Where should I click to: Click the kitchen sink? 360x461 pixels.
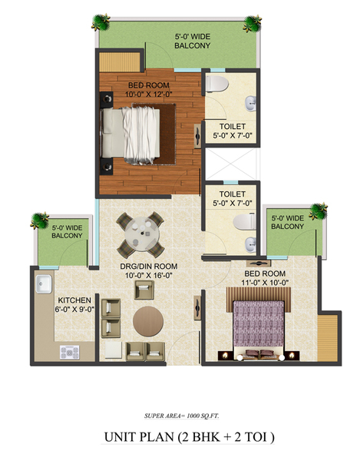point(44,284)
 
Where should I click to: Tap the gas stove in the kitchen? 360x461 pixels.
point(70,352)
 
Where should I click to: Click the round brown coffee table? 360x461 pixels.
point(148,321)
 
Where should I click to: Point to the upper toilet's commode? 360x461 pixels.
point(217,84)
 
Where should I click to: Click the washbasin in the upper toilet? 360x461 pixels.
point(250,104)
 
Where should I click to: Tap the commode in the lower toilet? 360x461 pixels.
point(245,222)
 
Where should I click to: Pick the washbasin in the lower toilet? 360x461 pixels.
point(250,245)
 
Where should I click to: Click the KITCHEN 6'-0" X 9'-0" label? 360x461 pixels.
point(74,304)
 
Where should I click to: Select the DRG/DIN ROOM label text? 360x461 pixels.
point(149,267)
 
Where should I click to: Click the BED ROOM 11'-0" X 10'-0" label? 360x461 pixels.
point(265,278)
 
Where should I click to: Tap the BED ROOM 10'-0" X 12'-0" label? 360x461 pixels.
point(149,90)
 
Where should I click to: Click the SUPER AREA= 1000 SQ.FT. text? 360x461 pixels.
point(182,416)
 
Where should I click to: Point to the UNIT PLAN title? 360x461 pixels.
point(190,437)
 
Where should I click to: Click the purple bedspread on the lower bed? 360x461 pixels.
point(259,323)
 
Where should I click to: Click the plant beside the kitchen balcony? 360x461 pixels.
point(40,221)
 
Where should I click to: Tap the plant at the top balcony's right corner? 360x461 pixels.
point(253,23)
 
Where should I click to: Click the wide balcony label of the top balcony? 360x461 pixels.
point(193,41)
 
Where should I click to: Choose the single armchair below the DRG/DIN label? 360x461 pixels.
point(144,290)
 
